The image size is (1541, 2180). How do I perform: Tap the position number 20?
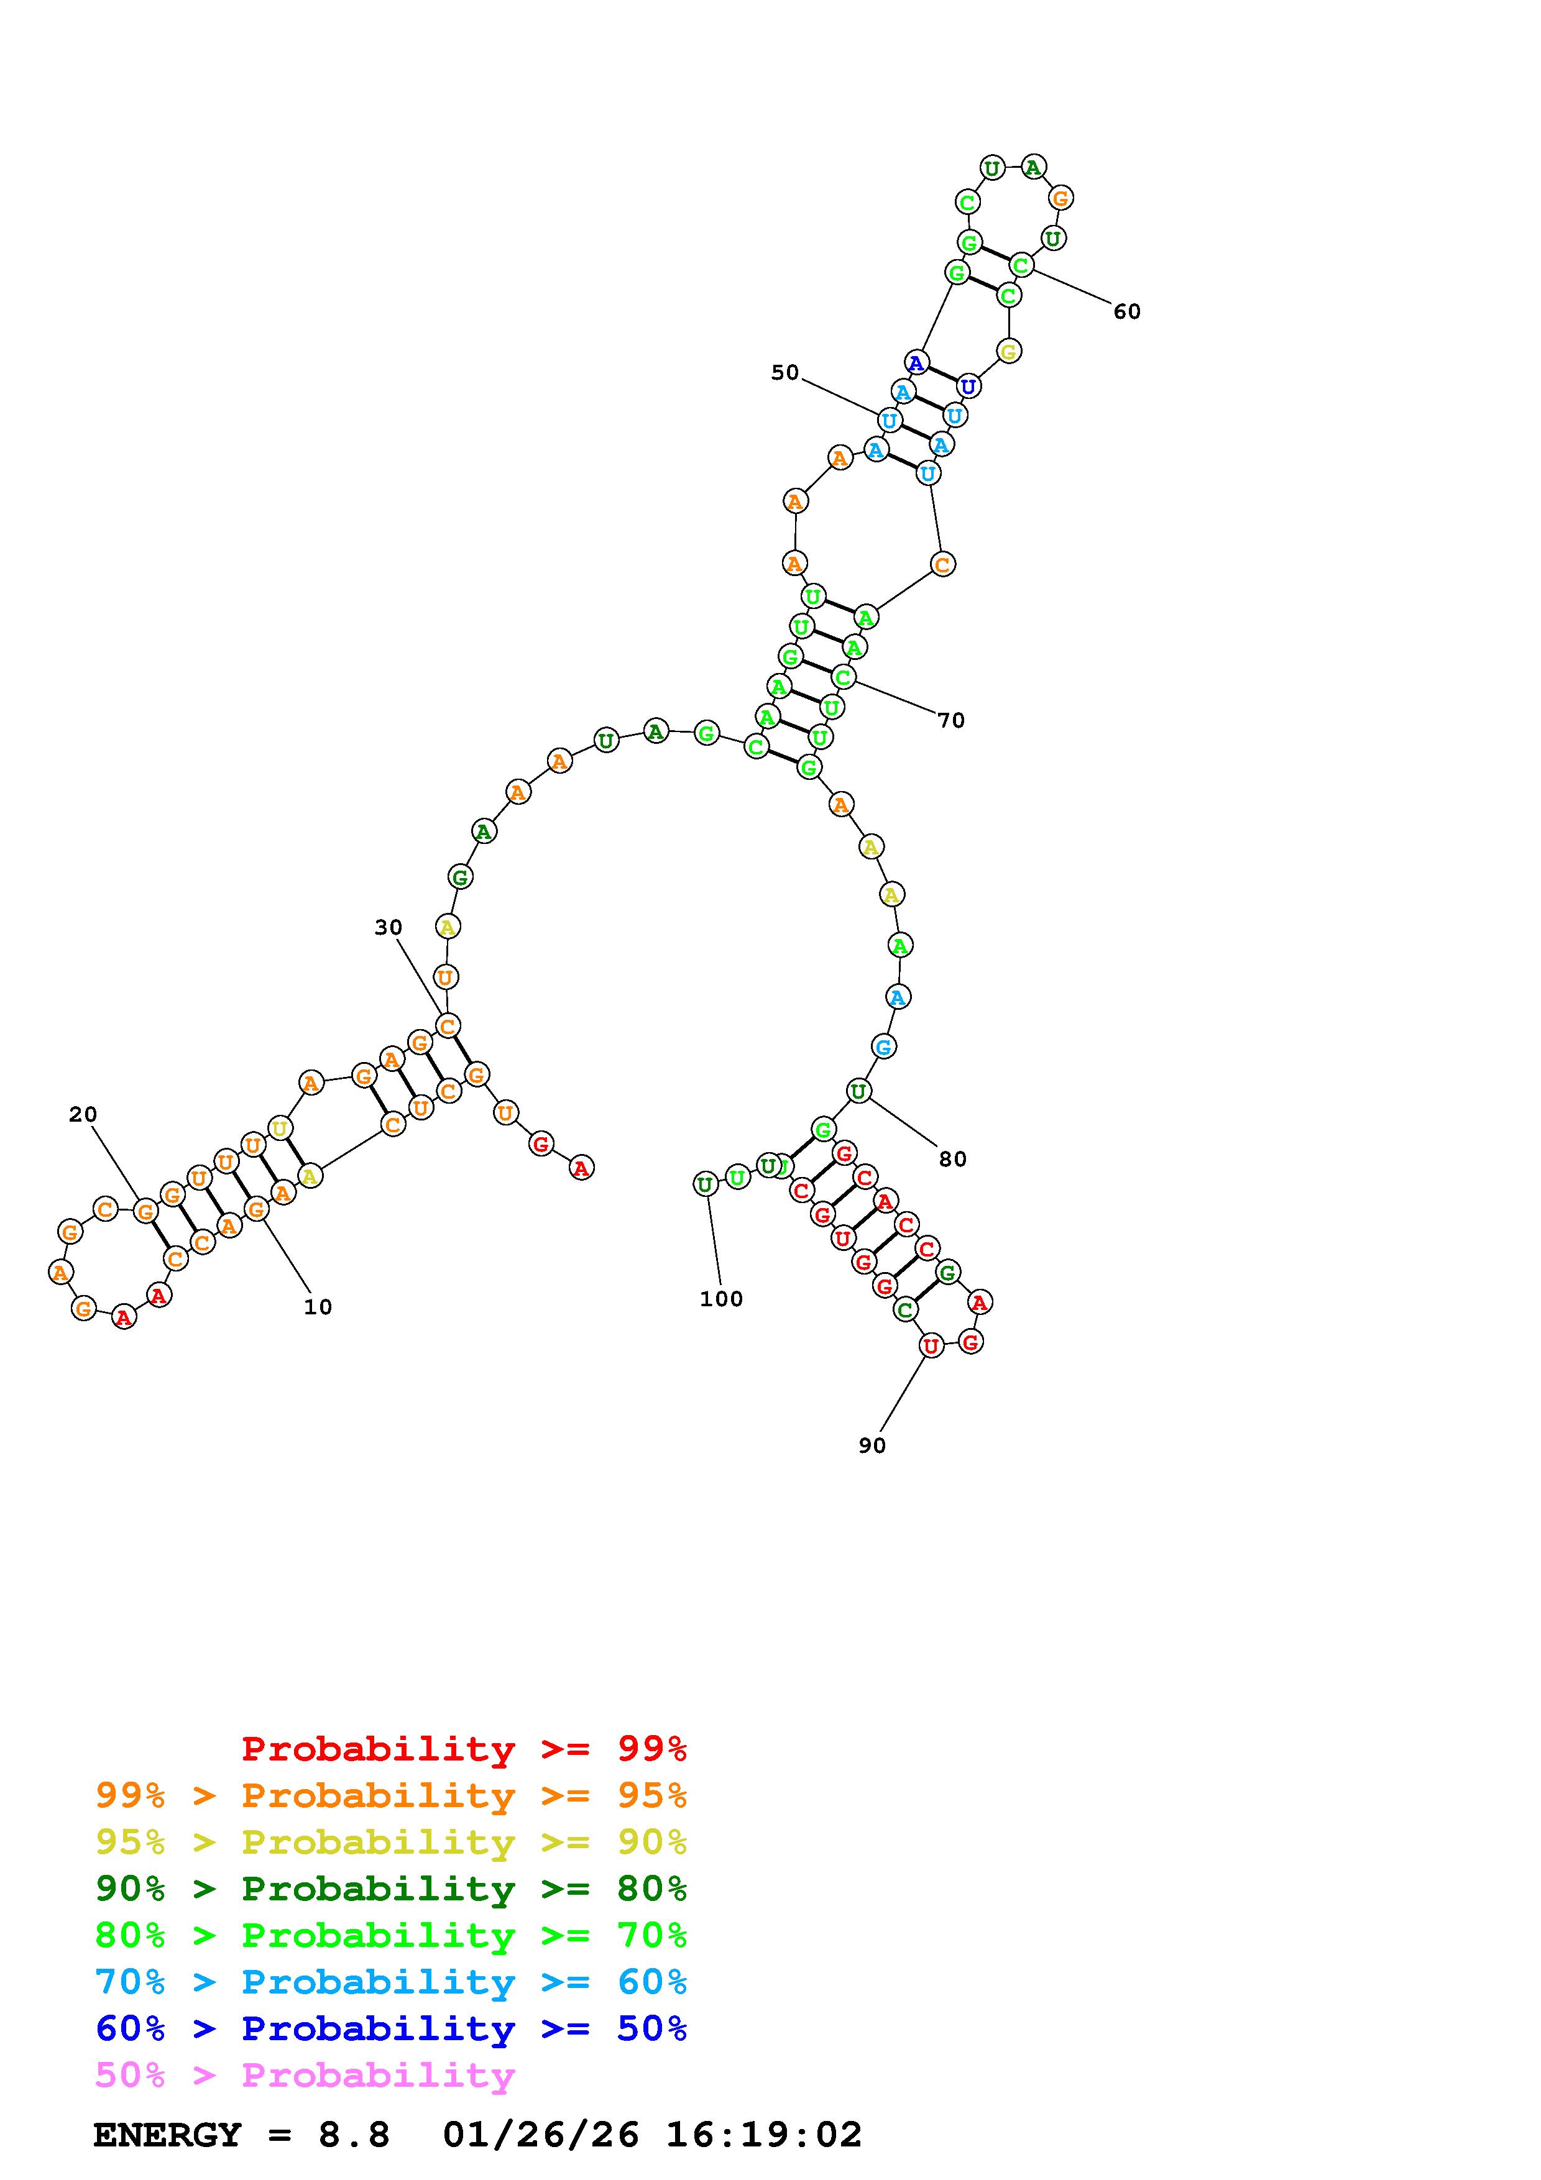(83, 1115)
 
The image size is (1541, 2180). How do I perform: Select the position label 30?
(389, 928)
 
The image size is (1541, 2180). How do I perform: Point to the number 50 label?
(785, 372)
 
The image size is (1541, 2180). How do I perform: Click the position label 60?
(1127, 311)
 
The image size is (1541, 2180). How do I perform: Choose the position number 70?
(951, 721)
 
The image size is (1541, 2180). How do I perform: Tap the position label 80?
(952, 1160)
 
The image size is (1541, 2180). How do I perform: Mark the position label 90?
(872, 1445)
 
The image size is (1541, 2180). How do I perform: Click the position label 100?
(722, 1299)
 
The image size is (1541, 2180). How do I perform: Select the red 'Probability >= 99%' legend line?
(464, 1748)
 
